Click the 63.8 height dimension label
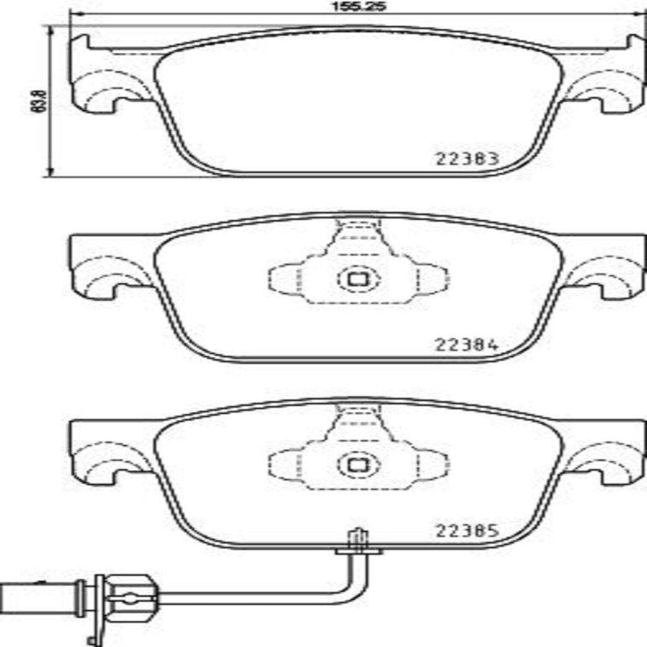37,101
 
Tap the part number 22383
467,159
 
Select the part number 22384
467,345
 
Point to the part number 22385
467,531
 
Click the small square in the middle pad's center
358,279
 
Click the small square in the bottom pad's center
358,465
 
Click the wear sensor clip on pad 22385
358,543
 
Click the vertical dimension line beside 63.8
49,101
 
